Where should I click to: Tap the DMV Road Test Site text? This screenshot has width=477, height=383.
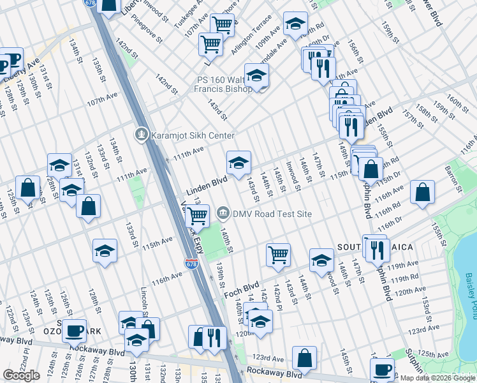click(x=272, y=214)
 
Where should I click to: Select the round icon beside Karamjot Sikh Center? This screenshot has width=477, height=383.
click(x=141, y=135)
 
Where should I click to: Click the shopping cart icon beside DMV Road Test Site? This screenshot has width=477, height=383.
click(x=197, y=218)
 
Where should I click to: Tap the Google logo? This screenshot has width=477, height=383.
click(x=21, y=375)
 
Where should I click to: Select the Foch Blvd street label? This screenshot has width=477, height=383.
click(x=242, y=289)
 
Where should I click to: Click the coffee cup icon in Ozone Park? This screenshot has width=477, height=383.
click(x=74, y=331)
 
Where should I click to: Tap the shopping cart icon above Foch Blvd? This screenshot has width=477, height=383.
click(x=278, y=255)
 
